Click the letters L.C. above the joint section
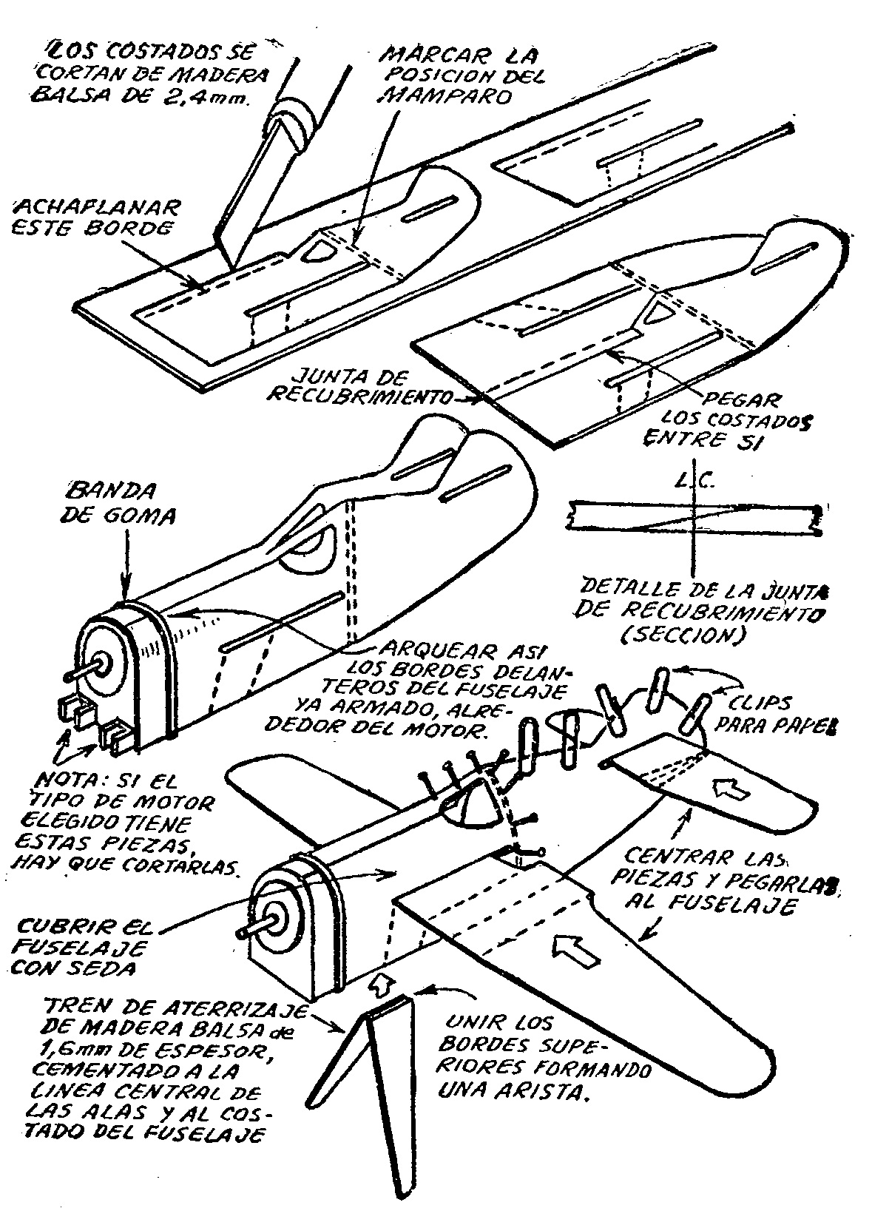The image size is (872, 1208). pos(694,482)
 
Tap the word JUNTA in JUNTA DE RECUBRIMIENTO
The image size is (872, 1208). pos(322,375)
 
